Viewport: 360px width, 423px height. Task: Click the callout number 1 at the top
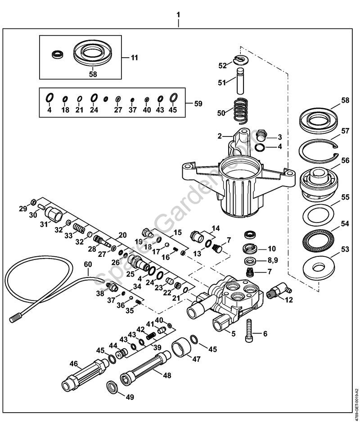click(179, 14)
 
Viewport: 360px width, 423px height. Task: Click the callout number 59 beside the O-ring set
click(198, 104)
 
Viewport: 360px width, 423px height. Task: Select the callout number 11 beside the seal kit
click(135, 58)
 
